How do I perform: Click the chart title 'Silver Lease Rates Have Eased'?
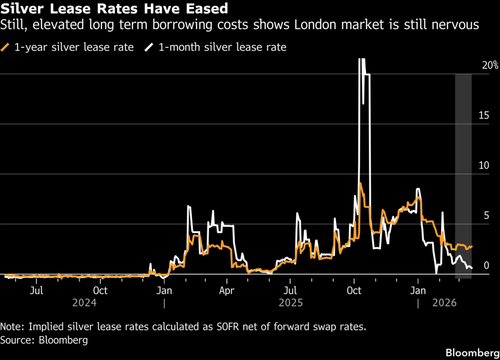tap(114, 9)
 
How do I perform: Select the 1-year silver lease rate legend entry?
tap(67, 47)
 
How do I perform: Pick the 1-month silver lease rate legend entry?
tap(215, 47)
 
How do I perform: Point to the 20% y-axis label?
tap(490, 65)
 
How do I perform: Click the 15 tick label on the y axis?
tap(484, 115)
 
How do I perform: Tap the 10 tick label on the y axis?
tap(484, 166)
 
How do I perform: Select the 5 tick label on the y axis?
tap(486, 215)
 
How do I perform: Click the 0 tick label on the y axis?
tap(486, 265)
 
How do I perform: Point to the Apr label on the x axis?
tap(227, 291)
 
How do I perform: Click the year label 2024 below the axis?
tap(84, 302)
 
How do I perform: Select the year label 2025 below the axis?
tap(291, 302)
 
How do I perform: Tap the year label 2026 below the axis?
tap(444, 302)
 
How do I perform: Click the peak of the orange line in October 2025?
tap(360, 183)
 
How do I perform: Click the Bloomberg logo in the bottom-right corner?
tap(473, 353)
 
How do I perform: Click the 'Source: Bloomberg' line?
tap(44, 340)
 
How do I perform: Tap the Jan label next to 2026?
tap(418, 291)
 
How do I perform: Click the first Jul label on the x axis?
tap(36, 291)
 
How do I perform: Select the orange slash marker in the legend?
tap(5, 47)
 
